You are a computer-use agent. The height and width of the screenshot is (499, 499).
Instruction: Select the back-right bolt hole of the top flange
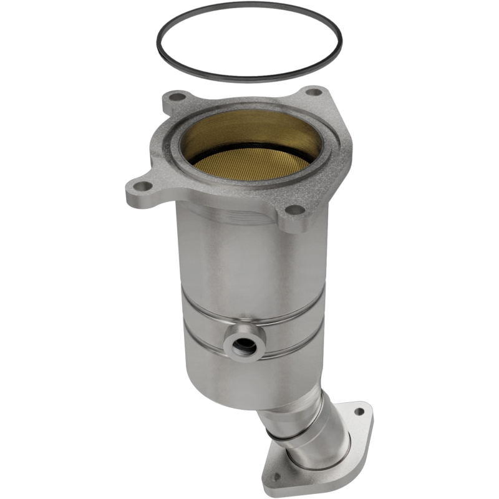[x=314, y=92]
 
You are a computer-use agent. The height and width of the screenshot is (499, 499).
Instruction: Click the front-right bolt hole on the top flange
[x=294, y=210]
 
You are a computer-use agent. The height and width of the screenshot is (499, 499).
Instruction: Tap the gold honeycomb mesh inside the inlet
[x=249, y=166]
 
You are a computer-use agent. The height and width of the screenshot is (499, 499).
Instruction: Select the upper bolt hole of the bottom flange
[x=358, y=411]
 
